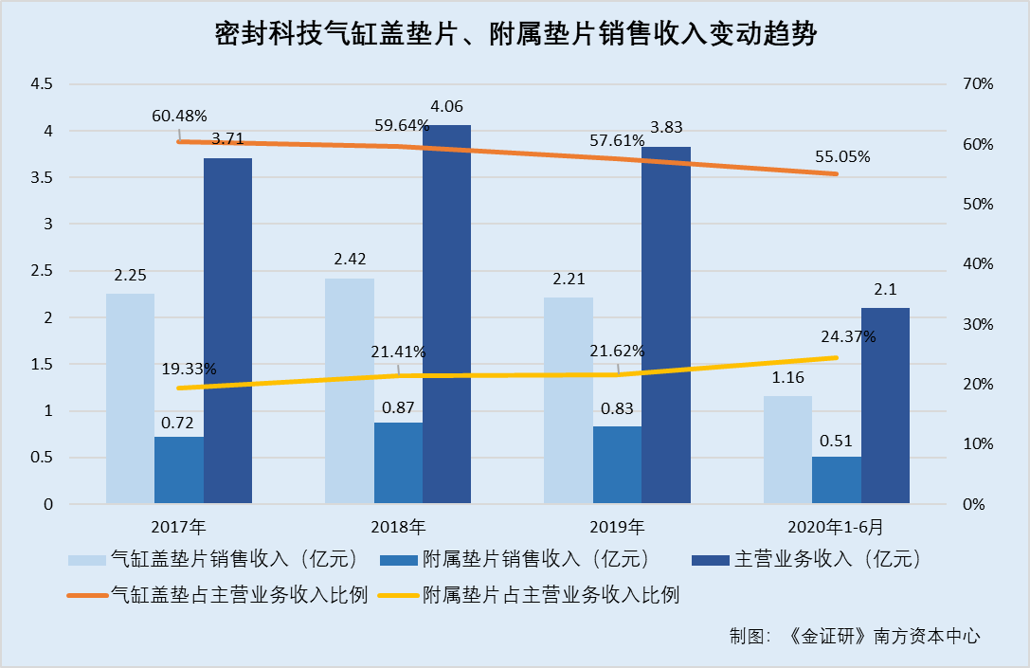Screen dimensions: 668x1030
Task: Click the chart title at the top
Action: pyautogui.click(x=515, y=36)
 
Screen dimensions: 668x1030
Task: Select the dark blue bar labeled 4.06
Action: pyautogui.click(x=446, y=314)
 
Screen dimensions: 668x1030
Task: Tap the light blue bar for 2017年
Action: pyautogui.click(x=130, y=398)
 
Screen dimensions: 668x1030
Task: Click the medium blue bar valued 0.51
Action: pyautogui.click(x=837, y=479)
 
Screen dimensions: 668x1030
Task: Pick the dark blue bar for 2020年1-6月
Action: pyautogui.click(x=885, y=406)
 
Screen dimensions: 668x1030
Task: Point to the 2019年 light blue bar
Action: pyautogui.click(x=568, y=400)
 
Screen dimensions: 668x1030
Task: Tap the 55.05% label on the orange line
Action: pyautogui.click(x=841, y=156)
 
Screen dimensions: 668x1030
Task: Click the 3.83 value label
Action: pyautogui.click(x=665, y=127)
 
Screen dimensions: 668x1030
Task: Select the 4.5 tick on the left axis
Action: pyautogui.click(x=42, y=84)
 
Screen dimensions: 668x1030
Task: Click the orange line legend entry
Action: pyautogui.click(x=218, y=595)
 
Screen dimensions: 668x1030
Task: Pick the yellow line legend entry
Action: pyautogui.click(x=529, y=595)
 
